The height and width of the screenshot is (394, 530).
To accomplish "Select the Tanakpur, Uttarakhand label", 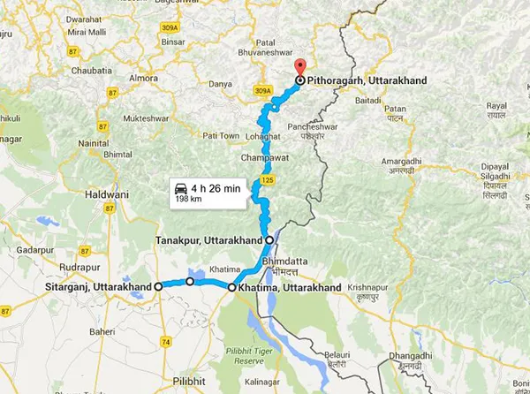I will tap(208, 240).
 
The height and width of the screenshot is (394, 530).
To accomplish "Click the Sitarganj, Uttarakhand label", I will tap(97, 287).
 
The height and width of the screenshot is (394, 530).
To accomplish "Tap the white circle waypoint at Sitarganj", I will tap(158, 286).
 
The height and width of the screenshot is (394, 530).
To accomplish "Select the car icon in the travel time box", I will tap(180, 188).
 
